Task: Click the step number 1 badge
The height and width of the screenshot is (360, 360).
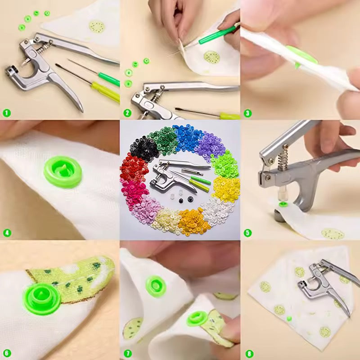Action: point(7,113)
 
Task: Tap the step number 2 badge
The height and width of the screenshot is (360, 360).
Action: point(127,113)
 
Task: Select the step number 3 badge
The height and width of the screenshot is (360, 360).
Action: point(247,113)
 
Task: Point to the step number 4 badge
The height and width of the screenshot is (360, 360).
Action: point(7,233)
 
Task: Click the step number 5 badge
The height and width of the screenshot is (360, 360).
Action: point(247,233)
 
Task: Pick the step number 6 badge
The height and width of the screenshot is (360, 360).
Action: point(7,353)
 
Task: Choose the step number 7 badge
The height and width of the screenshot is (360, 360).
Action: point(127,353)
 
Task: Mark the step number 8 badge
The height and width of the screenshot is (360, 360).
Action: point(249,353)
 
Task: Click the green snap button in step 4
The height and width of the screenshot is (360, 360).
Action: point(63,171)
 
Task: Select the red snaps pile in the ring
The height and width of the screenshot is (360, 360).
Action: point(133,169)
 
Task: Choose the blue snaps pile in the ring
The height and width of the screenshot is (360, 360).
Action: point(188,137)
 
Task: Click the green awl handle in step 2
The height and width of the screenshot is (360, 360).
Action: point(217,35)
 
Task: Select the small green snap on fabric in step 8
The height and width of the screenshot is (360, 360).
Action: point(289,318)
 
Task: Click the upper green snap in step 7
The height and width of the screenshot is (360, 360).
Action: point(156,286)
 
